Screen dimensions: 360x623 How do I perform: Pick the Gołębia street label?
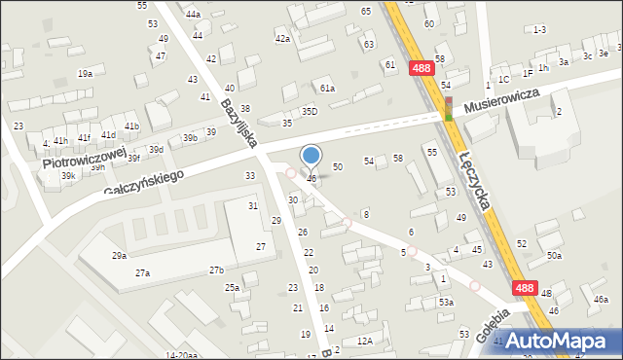pyautogui.click(x=495, y=323)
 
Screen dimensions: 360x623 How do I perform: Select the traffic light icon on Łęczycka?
pyautogui.click(x=449, y=107)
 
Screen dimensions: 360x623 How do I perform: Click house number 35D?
pyautogui.click(x=310, y=112)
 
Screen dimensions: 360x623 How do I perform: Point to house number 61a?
pyautogui.click(x=329, y=89)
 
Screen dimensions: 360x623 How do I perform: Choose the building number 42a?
pyautogui.click(x=282, y=38)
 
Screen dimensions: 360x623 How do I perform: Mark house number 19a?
pyautogui.click(x=86, y=73)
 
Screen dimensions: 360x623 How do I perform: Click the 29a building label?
pyautogui.click(x=119, y=255)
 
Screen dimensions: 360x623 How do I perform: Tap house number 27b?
pyautogui.click(x=216, y=270)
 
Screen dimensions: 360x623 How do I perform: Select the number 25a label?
pyautogui.click(x=232, y=287)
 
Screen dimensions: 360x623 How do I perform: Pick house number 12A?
pyautogui.click(x=365, y=341)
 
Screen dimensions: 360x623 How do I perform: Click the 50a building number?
pyautogui.click(x=554, y=255)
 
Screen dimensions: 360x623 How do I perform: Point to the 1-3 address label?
pyautogui.click(x=539, y=30)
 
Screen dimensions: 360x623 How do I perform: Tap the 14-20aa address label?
pyautogui.click(x=182, y=355)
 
